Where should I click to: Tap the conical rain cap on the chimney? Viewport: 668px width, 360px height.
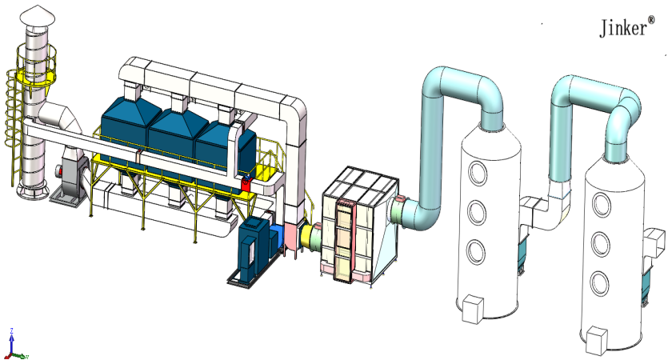38,16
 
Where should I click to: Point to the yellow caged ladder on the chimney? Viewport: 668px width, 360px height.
13,123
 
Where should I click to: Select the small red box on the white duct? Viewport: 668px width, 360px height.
246,184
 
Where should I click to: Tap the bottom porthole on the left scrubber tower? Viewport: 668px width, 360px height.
476,251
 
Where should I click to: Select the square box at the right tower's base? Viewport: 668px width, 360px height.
597,339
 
